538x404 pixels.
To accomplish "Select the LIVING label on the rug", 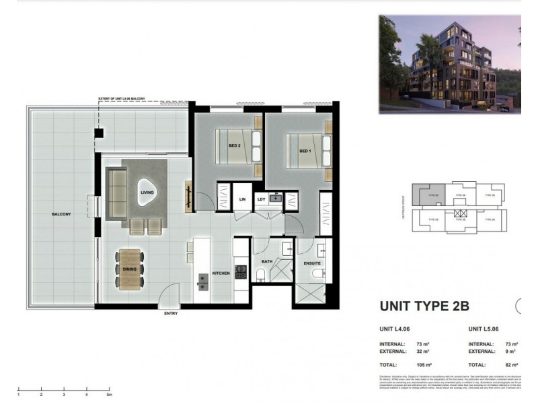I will click(x=147, y=193).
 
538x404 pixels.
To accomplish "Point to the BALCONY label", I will click(x=62, y=214).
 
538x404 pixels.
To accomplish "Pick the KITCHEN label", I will click(x=221, y=273).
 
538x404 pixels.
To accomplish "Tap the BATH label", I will click(x=267, y=261).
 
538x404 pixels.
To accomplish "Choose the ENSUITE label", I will click(x=313, y=263).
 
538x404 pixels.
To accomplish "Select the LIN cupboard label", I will click(x=243, y=199).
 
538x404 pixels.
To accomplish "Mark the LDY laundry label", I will click(x=261, y=199).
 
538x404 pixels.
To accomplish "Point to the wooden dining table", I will click(x=130, y=270).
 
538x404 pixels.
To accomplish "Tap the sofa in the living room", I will click(x=116, y=195).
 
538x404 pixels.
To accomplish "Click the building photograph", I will click(x=449, y=64).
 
